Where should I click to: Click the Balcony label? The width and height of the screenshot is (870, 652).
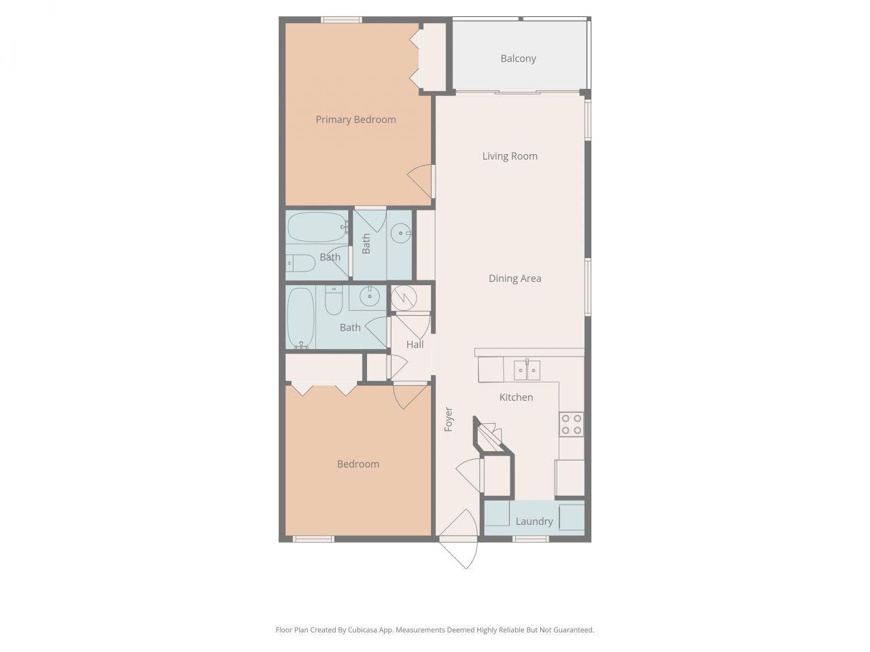tap(518, 58)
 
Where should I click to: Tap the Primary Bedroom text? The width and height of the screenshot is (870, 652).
tap(355, 120)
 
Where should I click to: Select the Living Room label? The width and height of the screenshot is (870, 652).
tap(510, 156)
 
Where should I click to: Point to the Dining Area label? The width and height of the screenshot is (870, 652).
tap(515, 278)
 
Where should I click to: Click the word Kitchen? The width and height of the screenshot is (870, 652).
tap(516, 397)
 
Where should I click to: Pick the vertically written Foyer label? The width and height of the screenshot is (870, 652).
tap(449, 419)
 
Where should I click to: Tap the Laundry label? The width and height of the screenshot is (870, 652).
tap(534, 522)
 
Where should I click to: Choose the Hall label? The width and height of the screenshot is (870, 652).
tap(415, 344)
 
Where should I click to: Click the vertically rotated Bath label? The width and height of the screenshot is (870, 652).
tap(366, 244)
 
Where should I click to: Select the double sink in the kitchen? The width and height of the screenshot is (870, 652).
tap(527, 370)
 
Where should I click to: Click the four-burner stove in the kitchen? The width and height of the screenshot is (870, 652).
tap(571, 424)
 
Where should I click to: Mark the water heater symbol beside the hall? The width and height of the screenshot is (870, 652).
tap(402, 297)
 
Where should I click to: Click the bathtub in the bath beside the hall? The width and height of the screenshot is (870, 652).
tap(300, 317)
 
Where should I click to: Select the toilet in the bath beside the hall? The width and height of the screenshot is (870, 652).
tap(334, 301)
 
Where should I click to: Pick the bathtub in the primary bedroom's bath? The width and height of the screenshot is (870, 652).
tap(316, 228)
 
